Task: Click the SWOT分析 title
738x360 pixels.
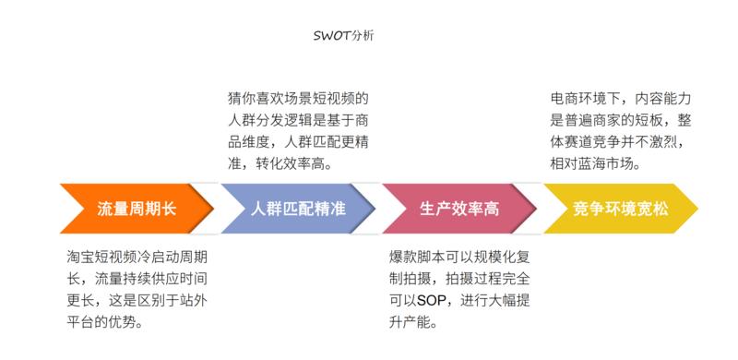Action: pos(343,36)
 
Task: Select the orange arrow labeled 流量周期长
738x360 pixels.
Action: pos(136,208)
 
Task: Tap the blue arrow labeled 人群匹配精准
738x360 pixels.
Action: pos(298,208)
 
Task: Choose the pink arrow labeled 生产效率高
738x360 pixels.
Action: pos(458,208)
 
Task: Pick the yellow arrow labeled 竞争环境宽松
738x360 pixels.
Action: pos(620,208)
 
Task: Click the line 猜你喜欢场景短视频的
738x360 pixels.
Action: pos(299,97)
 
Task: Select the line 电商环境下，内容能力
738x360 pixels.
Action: pos(620,97)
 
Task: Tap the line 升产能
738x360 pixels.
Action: pos(413,323)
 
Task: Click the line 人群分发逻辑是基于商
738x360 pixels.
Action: pos(299,119)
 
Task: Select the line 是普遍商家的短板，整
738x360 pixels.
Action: pos(620,119)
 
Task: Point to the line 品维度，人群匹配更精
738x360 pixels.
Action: pos(299,141)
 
